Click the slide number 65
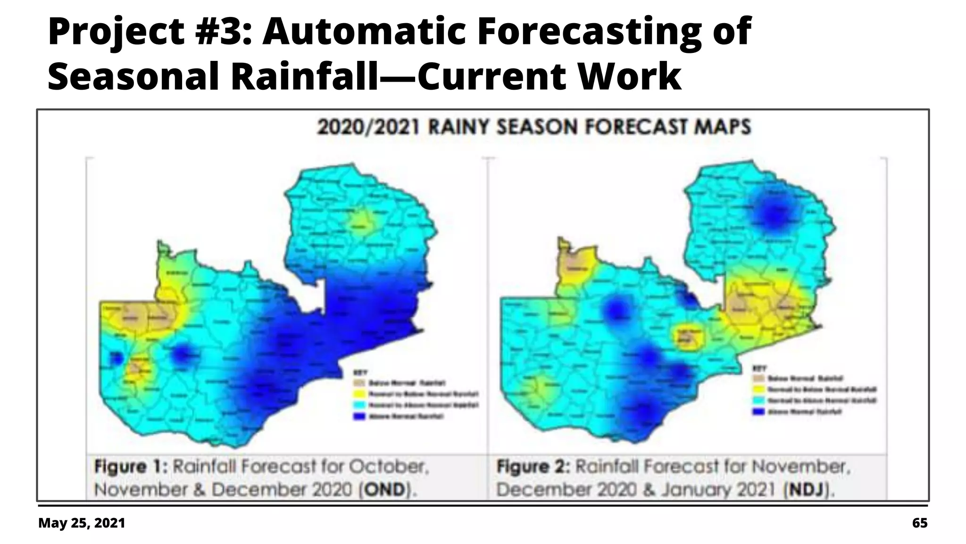(919, 523)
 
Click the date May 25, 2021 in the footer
(82, 523)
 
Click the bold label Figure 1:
(131, 467)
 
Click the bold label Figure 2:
(533, 467)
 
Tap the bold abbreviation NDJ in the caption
(807, 490)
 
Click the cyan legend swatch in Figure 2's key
(759, 400)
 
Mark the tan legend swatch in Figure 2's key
(759, 378)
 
